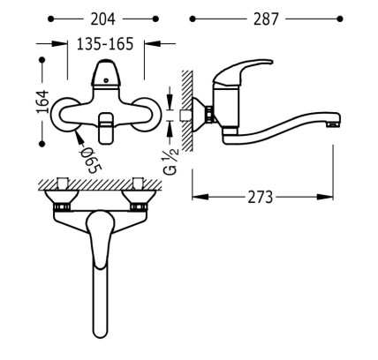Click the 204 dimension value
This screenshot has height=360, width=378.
[x=102, y=19]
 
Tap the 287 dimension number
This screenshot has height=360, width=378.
[x=266, y=19]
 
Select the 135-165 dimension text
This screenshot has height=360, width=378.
[x=105, y=44]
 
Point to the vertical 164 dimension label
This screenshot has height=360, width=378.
[x=42, y=101]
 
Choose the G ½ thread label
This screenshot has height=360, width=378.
[x=172, y=161]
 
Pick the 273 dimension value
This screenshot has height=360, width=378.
[x=261, y=197]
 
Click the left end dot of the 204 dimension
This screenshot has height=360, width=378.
[x=51, y=19]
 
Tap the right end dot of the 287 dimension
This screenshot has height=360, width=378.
[x=340, y=19]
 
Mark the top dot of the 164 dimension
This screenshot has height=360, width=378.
[x=42, y=60]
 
